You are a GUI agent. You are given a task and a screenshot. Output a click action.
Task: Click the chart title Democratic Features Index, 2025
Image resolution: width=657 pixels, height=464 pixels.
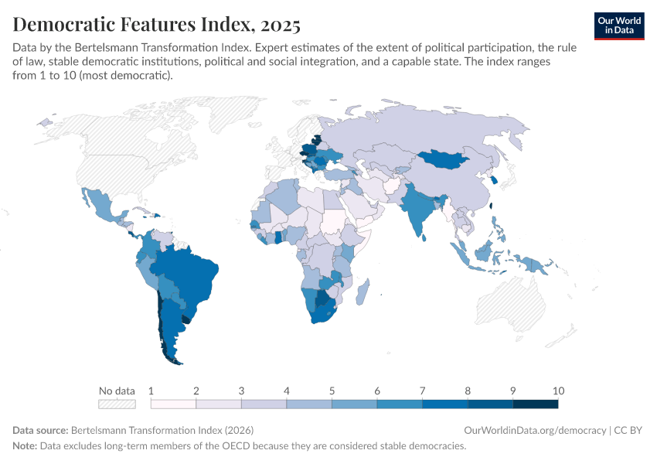[x=157, y=25]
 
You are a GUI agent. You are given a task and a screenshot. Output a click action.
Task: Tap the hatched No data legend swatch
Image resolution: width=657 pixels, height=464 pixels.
[x=117, y=404]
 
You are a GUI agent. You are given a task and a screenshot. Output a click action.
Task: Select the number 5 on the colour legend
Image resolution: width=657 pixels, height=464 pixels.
[x=332, y=391]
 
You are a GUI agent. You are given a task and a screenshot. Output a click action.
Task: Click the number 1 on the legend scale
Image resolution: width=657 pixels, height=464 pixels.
[x=151, y=391]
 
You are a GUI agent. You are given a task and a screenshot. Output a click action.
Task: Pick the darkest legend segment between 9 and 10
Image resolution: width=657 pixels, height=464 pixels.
[x=535, y=404]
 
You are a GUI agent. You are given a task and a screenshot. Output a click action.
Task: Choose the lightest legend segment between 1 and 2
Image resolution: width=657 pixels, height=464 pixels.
[x=174, y=404]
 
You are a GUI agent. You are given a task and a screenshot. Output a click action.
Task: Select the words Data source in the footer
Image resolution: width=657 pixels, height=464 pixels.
[x=40, y=430]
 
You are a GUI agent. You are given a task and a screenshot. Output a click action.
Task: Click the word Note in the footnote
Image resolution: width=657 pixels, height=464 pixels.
[x=25, y=446]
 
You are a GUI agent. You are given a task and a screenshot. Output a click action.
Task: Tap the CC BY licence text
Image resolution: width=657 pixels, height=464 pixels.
[x=629, y=430]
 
